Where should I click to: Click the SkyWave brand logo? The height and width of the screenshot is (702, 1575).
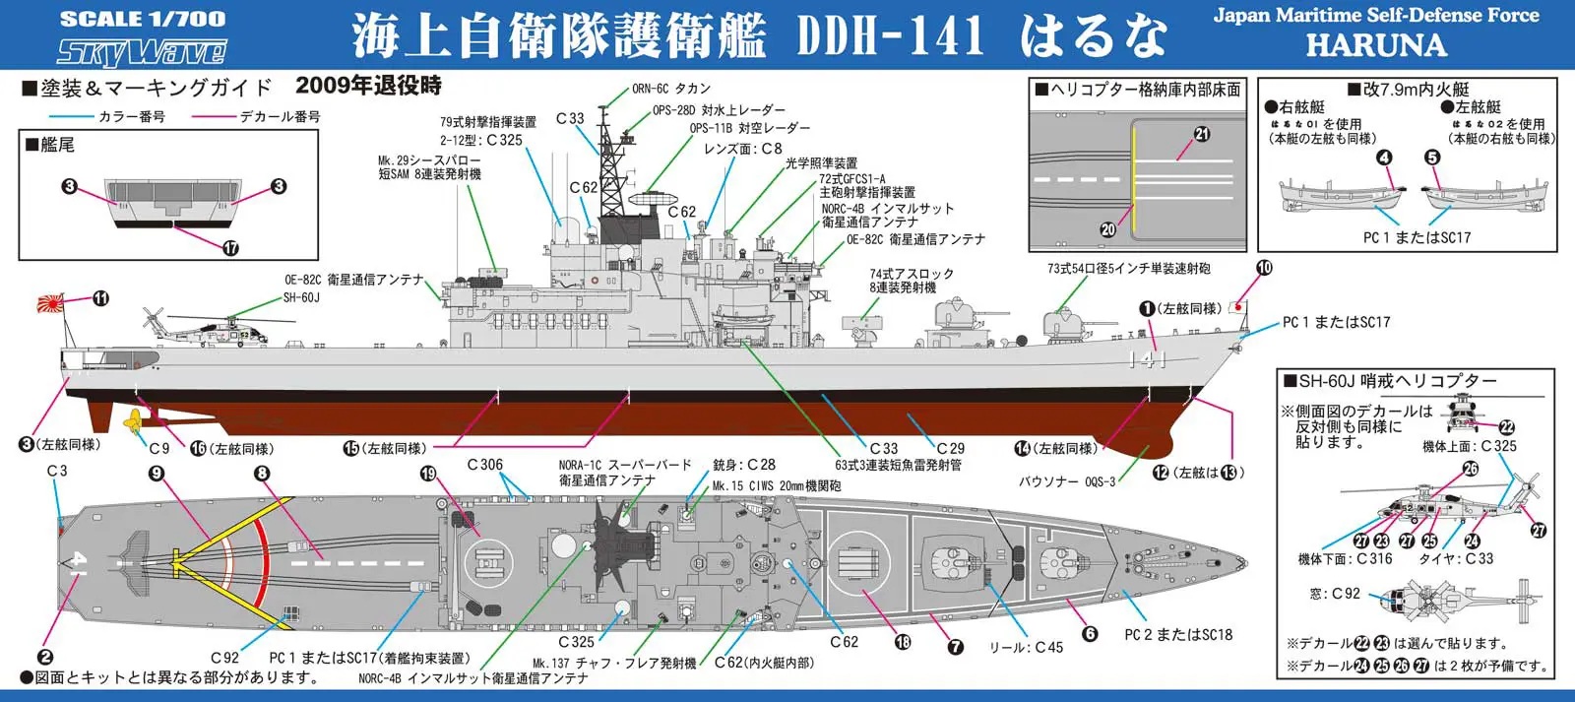pos(142,50)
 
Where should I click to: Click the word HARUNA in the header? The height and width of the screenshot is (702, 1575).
pos(1375,45)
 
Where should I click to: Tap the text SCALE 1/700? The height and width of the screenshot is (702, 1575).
pos(142,19)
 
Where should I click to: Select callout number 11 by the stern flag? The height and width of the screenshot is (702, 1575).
pos(100,298)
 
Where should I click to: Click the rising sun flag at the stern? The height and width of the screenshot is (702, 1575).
pos(49,303)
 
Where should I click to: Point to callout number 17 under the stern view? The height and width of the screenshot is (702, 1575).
pos(230,247)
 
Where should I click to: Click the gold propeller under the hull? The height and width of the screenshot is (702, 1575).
pos(130,423)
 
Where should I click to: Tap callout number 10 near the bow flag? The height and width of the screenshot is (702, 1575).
pos(1264,268)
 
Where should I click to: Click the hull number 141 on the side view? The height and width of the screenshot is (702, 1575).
pos(1148,360)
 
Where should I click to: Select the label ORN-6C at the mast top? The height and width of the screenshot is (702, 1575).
pos(649,89)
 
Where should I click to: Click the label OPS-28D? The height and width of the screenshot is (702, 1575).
pos(673,110)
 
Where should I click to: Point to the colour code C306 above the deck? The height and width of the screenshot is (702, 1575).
pos(484,465)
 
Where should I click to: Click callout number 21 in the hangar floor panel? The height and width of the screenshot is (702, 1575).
pos(1202,134)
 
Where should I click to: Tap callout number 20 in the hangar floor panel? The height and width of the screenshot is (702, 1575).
pos(1107,229)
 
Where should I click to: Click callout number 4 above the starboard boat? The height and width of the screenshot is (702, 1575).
pos(1384,158)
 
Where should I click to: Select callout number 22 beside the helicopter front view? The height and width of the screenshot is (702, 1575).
pos(1506,427)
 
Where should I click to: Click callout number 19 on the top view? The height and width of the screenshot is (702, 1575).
pos(428,474)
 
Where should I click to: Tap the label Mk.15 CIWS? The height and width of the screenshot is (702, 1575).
pos(748,485)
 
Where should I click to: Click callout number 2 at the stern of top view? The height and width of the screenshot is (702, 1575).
pos(45,657)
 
